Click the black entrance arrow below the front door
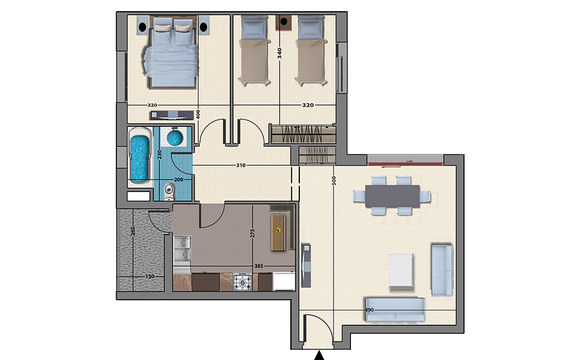(x=320, y=356)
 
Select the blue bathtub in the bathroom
(x=140, y=156)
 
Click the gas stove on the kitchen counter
(x=243, y=282)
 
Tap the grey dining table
(x=392, y=197)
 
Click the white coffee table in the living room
(x=401, y=270)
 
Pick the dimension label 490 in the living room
(x=369, y=310)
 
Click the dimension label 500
(x=334, y=180)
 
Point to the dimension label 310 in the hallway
(x=240, y=165)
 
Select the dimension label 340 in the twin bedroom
(x=280, y=53)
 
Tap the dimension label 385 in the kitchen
(x=258, y=266)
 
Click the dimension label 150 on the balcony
(x=149, y=276)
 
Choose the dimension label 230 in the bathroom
(x=159, y=154)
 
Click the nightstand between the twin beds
(x=284, y=22)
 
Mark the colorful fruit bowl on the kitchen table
(x=279, y=230)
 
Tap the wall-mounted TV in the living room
(x=306, y=265)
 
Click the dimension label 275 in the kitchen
(x=252, y=234)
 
